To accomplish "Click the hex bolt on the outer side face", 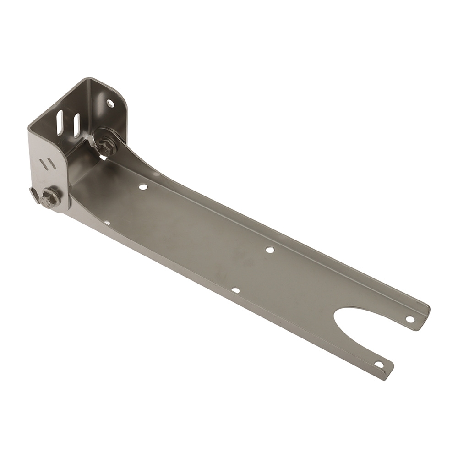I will click(x=49, y=198).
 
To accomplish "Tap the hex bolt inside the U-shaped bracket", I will click(x=106, y=146).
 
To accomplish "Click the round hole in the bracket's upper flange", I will click(x=110, y=103).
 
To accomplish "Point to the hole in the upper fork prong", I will click(x=410, y=319).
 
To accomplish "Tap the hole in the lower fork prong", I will click(x=379, y=365).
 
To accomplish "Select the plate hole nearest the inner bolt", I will click(x=143, y=187).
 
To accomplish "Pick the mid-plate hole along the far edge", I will click(x=270, y=250).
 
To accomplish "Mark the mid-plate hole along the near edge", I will click(x=235, y=290).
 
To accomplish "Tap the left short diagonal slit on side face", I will click(x=43, y=162).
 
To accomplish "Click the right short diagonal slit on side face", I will click(x=52, y=164).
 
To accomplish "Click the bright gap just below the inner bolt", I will click(x=104, y=157).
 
